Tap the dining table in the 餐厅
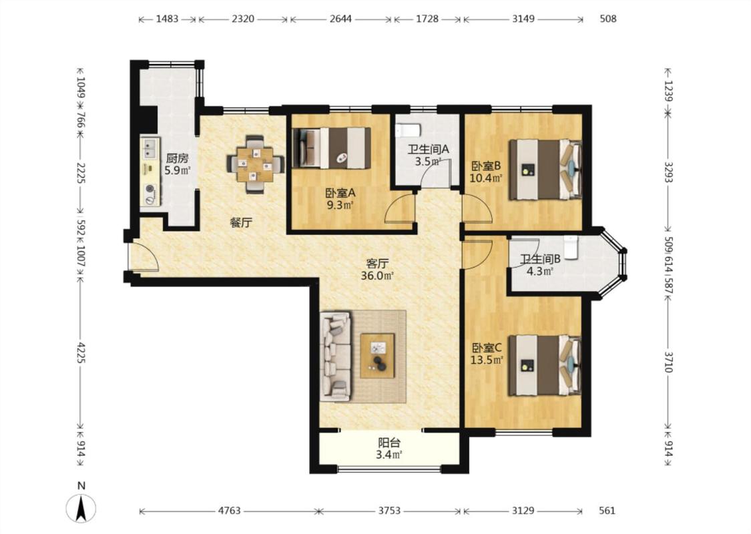pos(255,165)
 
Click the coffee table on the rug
pos(378,356)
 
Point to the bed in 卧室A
pos(331,148)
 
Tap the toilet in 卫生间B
pos(571,247)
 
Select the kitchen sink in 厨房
pos(150,148)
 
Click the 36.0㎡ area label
pos(377,276)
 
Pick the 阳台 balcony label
pos(389,443)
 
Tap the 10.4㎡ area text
pos(487,178)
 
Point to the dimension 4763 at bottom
pos(230,511)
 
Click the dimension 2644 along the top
pos(340,19)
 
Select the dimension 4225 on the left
pos(81,352)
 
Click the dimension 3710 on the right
pos(669,362)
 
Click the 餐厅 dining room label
pos(241,222)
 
